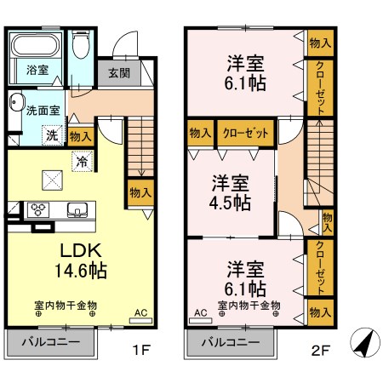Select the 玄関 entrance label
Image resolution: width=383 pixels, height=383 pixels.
[x=119, y=73]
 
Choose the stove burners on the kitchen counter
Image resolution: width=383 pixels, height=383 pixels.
[x=37, y=208]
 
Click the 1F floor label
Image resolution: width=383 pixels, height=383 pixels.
[x=140, y=348]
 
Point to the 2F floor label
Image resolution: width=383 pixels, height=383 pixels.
[x=320, y=348]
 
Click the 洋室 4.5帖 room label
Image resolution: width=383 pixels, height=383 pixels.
[x=232, y=193]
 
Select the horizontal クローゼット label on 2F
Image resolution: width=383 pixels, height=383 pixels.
[x=246, y=134]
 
